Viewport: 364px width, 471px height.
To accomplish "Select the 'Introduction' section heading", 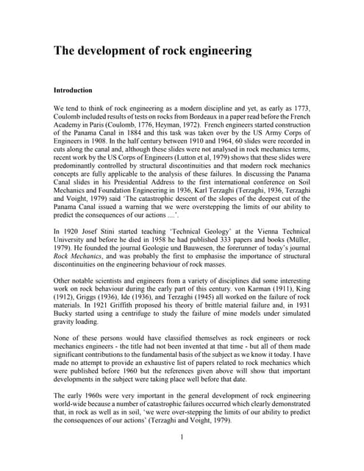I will tap(73, 90).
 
